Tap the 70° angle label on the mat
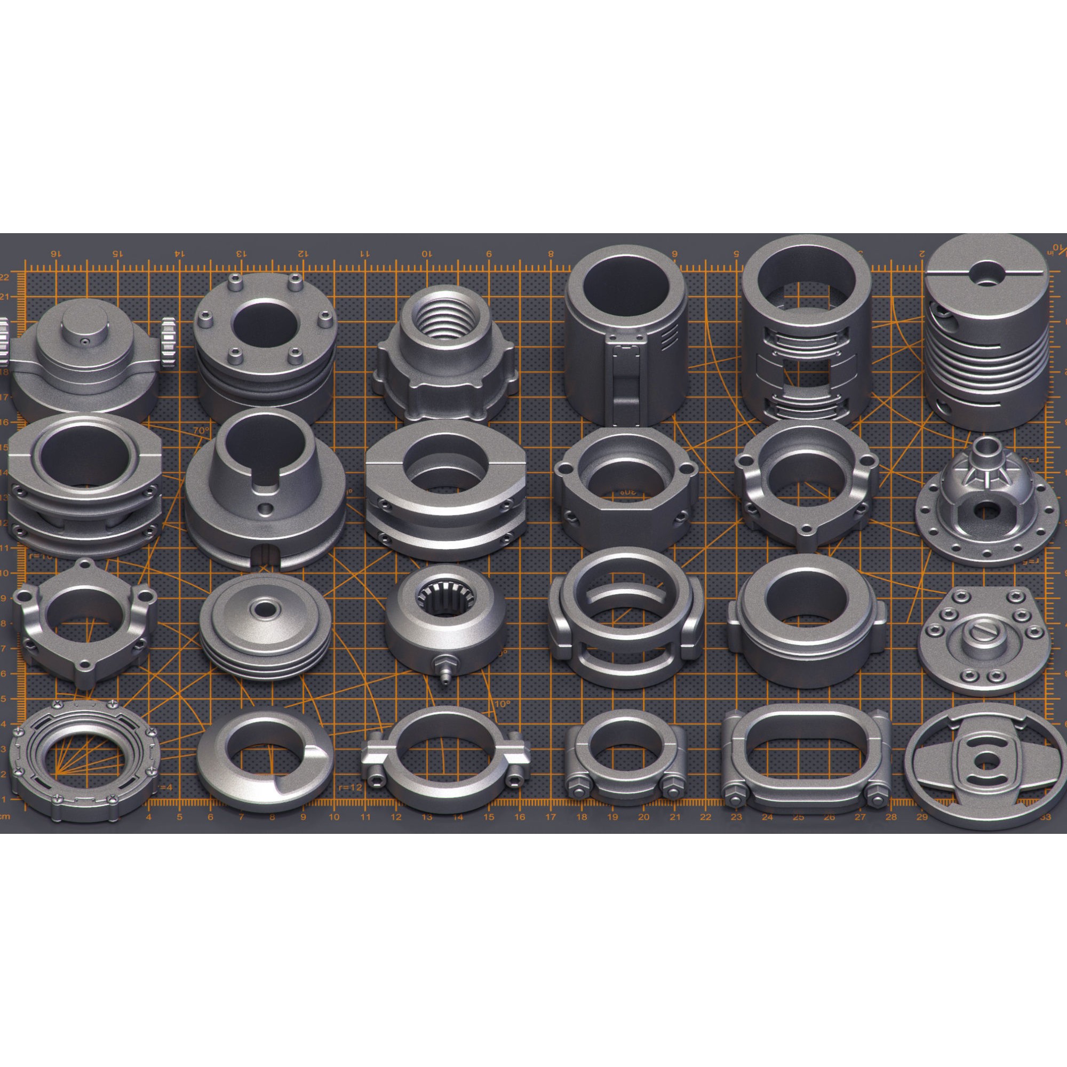pyautogui.click(x=201, y=430)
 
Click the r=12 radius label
pyautogui.click(x=351, y=787)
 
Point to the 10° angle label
pyautogui.click(x=502, y=704)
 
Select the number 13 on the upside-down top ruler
pyautogui.click(x=241, y=253)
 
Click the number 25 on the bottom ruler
pyautogui.click(x=798, y=817)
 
